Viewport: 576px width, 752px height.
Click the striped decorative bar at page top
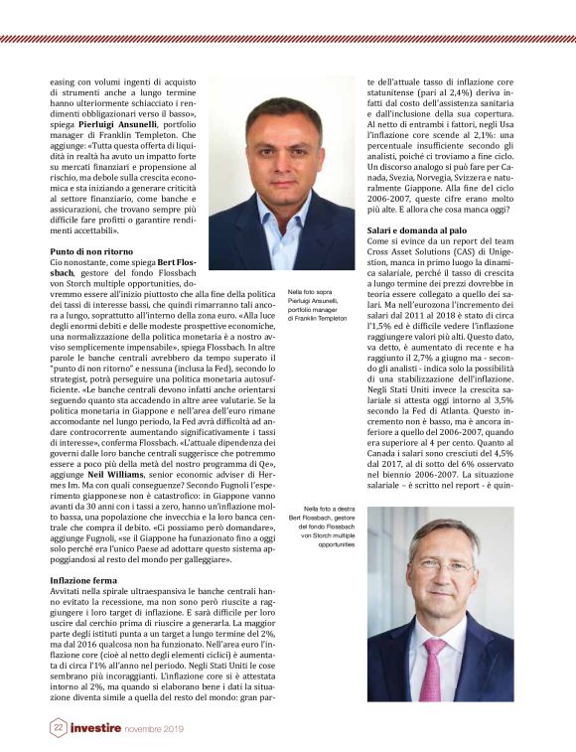tap(288, 39)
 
